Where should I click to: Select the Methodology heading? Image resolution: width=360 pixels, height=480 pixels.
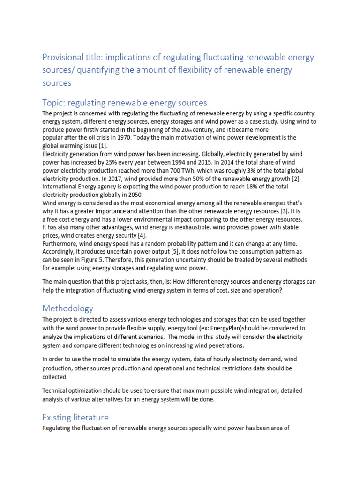point(68,308)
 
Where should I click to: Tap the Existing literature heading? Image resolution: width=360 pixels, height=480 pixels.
point(75,417)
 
